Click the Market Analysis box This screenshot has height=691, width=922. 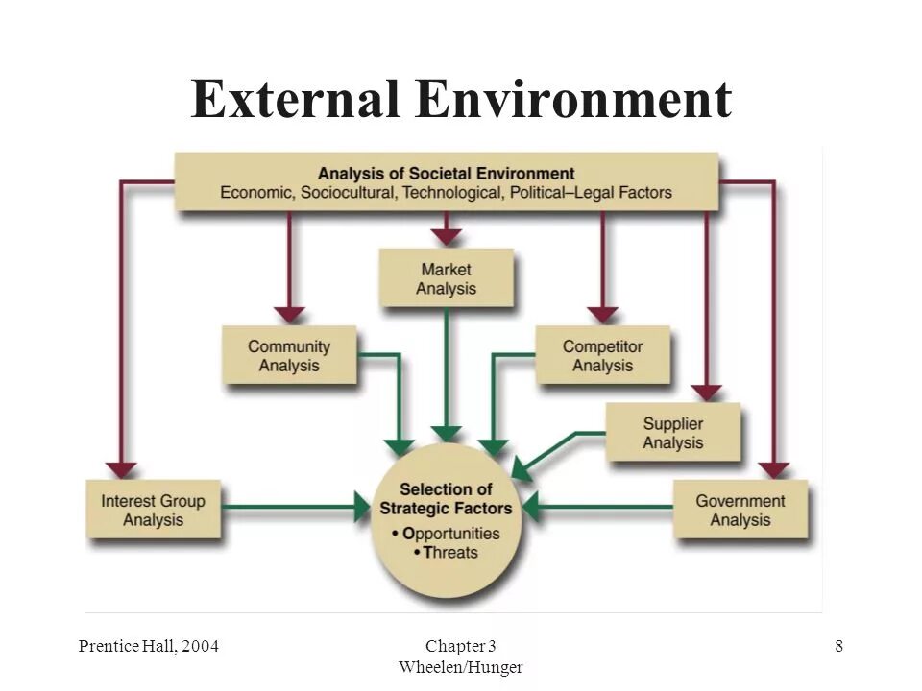click(x=446, y=278)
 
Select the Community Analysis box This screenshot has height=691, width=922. click(x=289, y=356)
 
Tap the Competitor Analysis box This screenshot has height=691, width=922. click(x=602, y=356)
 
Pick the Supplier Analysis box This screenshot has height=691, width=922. click(x=672, y=433)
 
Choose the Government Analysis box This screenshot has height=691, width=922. click(x=740, y=510)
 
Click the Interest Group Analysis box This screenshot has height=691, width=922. click(x=153, y=510)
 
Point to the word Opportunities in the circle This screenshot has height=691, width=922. click(x=447, y=533)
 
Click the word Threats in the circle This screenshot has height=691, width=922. click(x=450, y=553)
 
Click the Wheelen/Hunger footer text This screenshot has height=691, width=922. click(x=461, y=666)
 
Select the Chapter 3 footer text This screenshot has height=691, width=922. click(x=461, y=646)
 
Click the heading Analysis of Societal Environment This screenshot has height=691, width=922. click(x=446, y=174)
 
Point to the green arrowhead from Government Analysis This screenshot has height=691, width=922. click(x=529, y=506)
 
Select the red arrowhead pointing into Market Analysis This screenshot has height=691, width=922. click(x=446, y=236)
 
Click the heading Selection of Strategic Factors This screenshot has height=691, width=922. click(x=447, y=498)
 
